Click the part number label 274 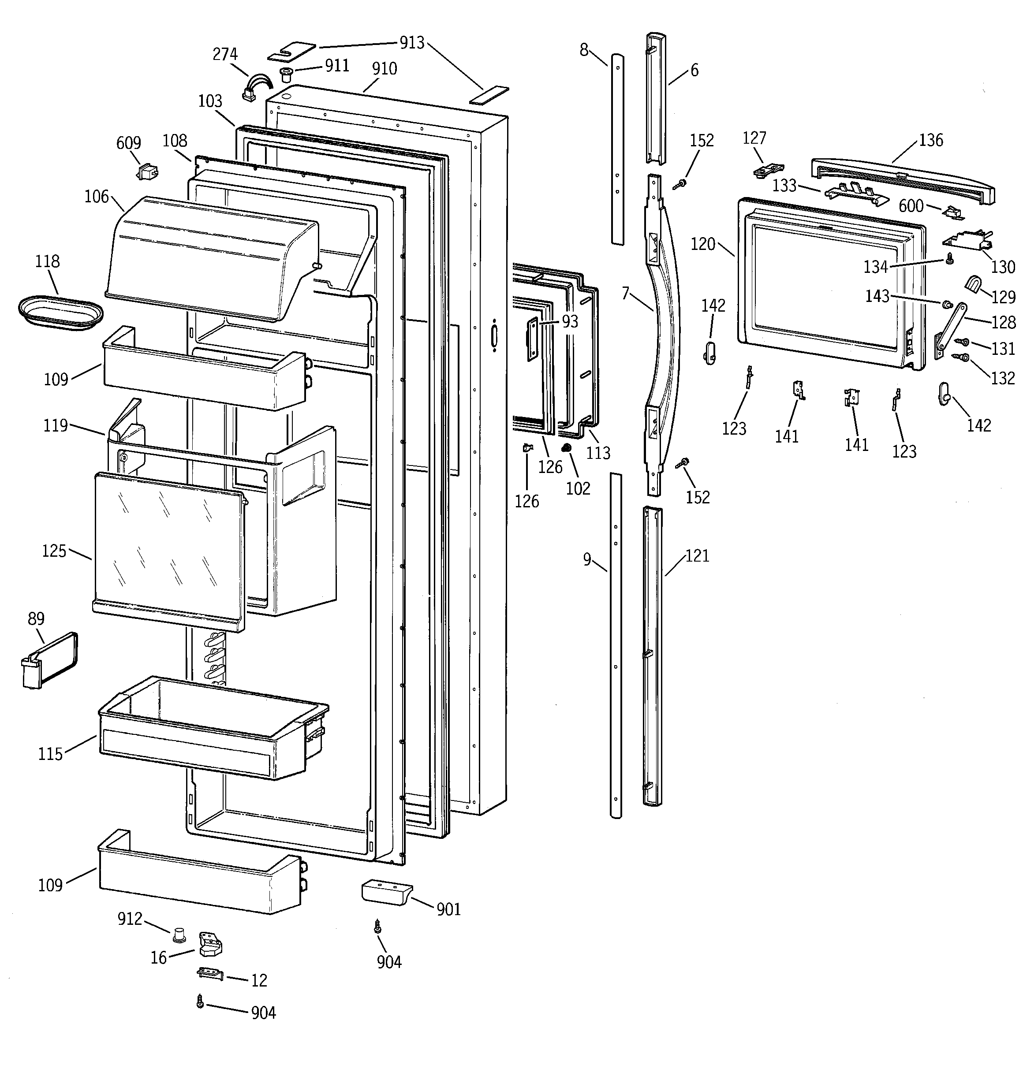(x=225, y=54)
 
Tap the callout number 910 (x=385, y=69)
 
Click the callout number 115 (x=50, y=753)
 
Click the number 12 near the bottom (x=259, y=980)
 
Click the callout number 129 (x=1003, y=297)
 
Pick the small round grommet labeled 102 (x=567, y=449)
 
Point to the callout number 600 (x=911, y=206)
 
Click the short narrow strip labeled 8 (x=617, y=148)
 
